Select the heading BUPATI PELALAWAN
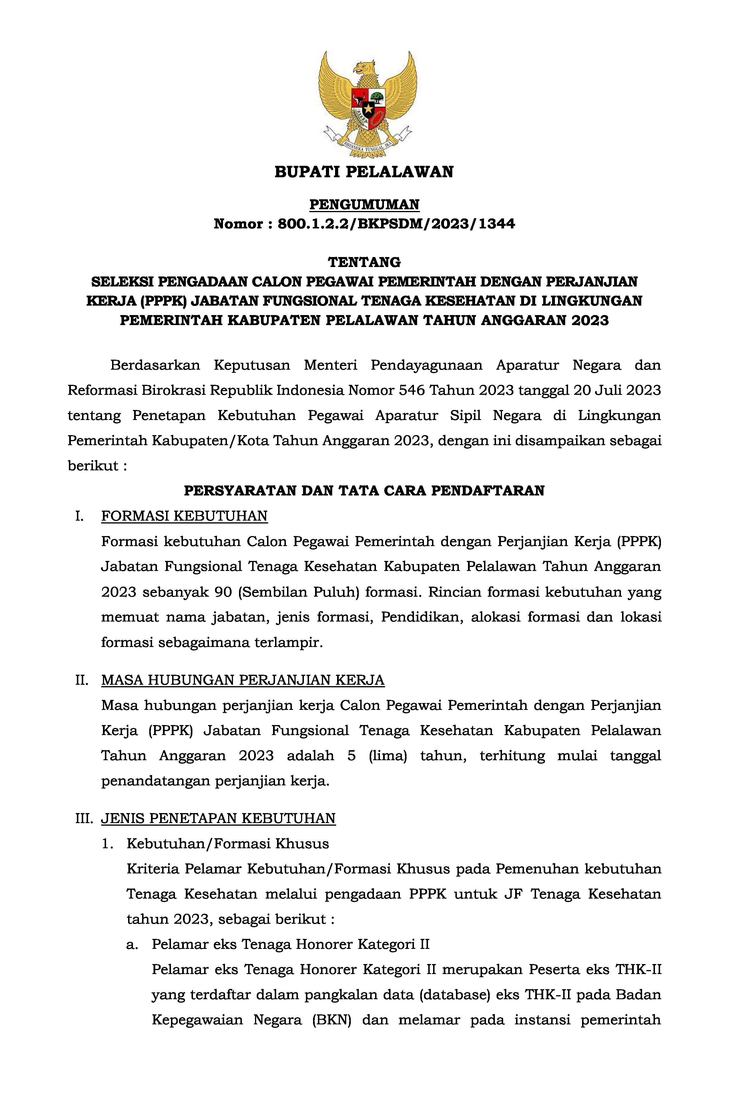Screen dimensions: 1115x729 coord(364,172)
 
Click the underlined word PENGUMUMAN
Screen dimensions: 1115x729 coord(364,205)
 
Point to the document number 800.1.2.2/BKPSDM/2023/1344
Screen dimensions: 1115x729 coord(396,224)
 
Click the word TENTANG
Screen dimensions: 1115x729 coord(364,261)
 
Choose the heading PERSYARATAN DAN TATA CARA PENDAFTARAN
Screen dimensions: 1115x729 coord(364,491)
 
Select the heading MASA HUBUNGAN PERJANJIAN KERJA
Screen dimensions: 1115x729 coord(243,680)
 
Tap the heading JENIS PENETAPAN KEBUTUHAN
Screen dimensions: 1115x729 coord(218,819)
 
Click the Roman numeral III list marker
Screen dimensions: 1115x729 coord(84,819)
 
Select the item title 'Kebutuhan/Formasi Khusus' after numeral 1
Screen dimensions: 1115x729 coord(228,844)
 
